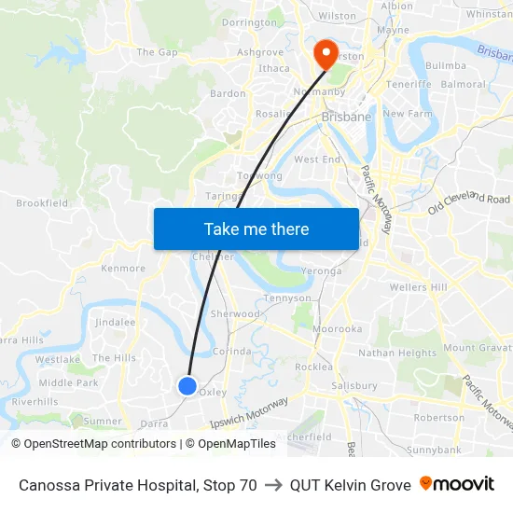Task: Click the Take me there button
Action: [256, 229]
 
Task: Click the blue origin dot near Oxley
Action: [187, 385]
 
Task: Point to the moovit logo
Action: [457, 484]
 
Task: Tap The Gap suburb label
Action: [157, 52]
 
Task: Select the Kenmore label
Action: [123, 269]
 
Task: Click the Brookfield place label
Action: [42, 202]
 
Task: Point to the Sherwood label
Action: [235, 314]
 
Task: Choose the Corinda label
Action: [232, 352]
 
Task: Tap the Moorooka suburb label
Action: [337, 329]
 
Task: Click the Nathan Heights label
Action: [397, 353]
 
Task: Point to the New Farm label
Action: [408, 114]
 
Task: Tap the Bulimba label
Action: [445, 66]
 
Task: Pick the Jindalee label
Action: [115, 322]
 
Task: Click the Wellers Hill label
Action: [418, 287]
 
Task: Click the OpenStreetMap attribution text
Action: [94, 444]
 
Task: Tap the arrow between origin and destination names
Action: [273, 485]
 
